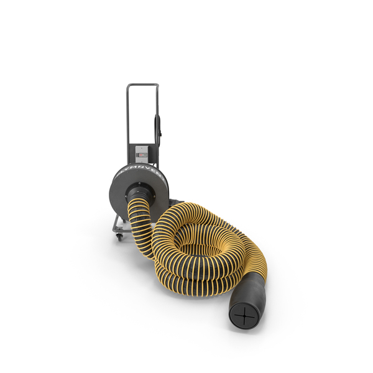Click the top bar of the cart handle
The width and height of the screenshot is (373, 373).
(x=144, y=85)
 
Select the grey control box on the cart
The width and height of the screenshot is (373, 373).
(x=142, y=154)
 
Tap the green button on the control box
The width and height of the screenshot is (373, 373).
(x=142, y=157)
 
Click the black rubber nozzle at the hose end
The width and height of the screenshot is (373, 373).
(x=249, y=298)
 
